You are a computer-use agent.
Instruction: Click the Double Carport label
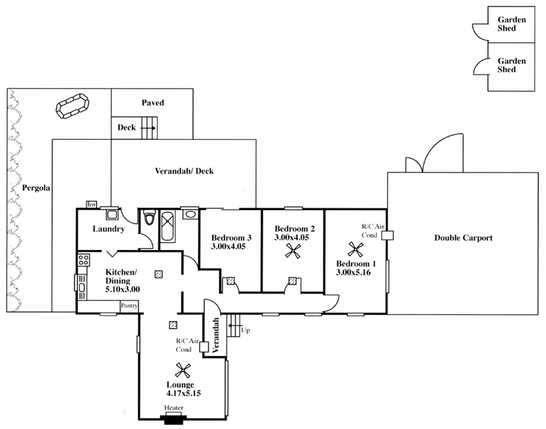(x=463, y=238)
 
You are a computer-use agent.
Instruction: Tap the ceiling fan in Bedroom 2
(x=293, y=251)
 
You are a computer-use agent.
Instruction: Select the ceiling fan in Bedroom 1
(x=356, y=250)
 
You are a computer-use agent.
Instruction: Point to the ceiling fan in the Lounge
(x=183, y=370)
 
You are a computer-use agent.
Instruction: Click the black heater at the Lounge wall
(x=173, y=419)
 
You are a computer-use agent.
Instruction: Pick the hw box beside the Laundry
(x=91, y=204)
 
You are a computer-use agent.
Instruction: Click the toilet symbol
(x=149, y=218)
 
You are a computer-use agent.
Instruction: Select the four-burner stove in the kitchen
(x=83, y=260)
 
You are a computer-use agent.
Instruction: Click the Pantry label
(x=129, y=306)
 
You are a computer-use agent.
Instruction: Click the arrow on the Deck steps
(x=148, y=128)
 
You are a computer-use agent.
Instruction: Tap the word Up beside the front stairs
(x=246, y=330)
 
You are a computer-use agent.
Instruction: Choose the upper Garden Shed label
(x=511, y=24)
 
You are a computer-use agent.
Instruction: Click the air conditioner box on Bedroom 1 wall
(x=387, y=235)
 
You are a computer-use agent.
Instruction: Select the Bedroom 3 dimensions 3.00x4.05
(x=228, y=247)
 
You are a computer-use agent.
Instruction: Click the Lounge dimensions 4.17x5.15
(x=184, y=394)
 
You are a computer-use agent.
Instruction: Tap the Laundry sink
(x=111, y=214)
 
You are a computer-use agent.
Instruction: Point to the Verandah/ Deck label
(x=184, y=171)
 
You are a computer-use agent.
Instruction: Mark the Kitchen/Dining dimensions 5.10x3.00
(x=123, y=289)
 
